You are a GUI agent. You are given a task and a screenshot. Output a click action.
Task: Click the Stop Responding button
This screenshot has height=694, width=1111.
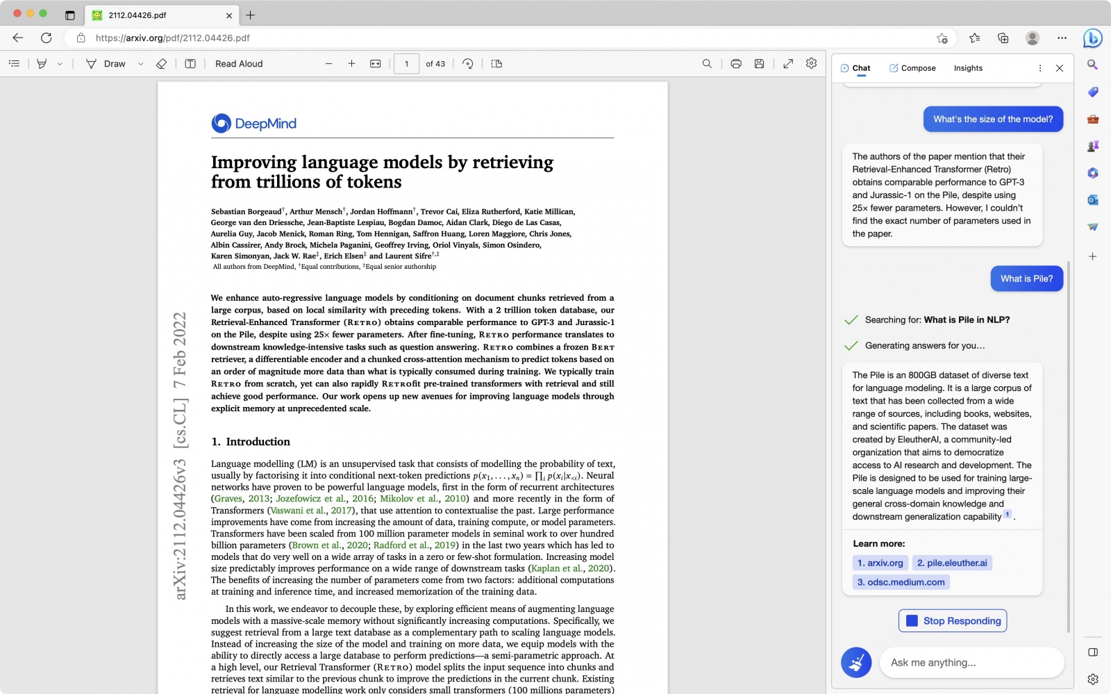953,621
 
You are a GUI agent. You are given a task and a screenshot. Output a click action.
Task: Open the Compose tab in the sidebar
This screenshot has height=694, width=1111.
912,68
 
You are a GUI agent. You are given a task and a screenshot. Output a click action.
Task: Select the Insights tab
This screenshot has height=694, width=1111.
968,68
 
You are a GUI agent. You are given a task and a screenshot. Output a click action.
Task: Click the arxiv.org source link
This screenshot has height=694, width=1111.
880,563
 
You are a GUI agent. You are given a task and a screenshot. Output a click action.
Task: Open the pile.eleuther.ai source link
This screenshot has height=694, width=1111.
951,563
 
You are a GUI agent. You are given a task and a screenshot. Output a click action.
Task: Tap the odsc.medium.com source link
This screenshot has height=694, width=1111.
901,582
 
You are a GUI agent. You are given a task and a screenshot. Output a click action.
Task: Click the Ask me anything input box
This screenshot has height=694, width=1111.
971,663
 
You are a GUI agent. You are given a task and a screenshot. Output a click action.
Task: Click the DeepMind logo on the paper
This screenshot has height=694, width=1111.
254,124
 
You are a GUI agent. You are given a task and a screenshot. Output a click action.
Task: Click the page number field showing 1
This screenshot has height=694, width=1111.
406,64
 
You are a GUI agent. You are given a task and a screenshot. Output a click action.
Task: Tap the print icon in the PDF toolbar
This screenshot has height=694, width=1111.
736,64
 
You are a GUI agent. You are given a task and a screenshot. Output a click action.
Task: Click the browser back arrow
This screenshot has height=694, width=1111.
18,38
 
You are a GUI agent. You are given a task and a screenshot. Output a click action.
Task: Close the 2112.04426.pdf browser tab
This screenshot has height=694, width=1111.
229,15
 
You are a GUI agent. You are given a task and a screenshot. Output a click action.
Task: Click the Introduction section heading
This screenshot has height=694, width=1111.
251,442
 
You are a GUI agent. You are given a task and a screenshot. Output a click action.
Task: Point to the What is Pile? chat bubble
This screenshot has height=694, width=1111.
1026,279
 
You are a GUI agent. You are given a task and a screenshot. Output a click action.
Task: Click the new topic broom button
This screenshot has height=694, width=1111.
856,663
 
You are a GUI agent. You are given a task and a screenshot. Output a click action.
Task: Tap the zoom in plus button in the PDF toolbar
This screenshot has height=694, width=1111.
351,64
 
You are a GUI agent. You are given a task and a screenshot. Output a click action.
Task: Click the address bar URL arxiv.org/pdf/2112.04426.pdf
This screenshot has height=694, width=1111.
172,38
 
